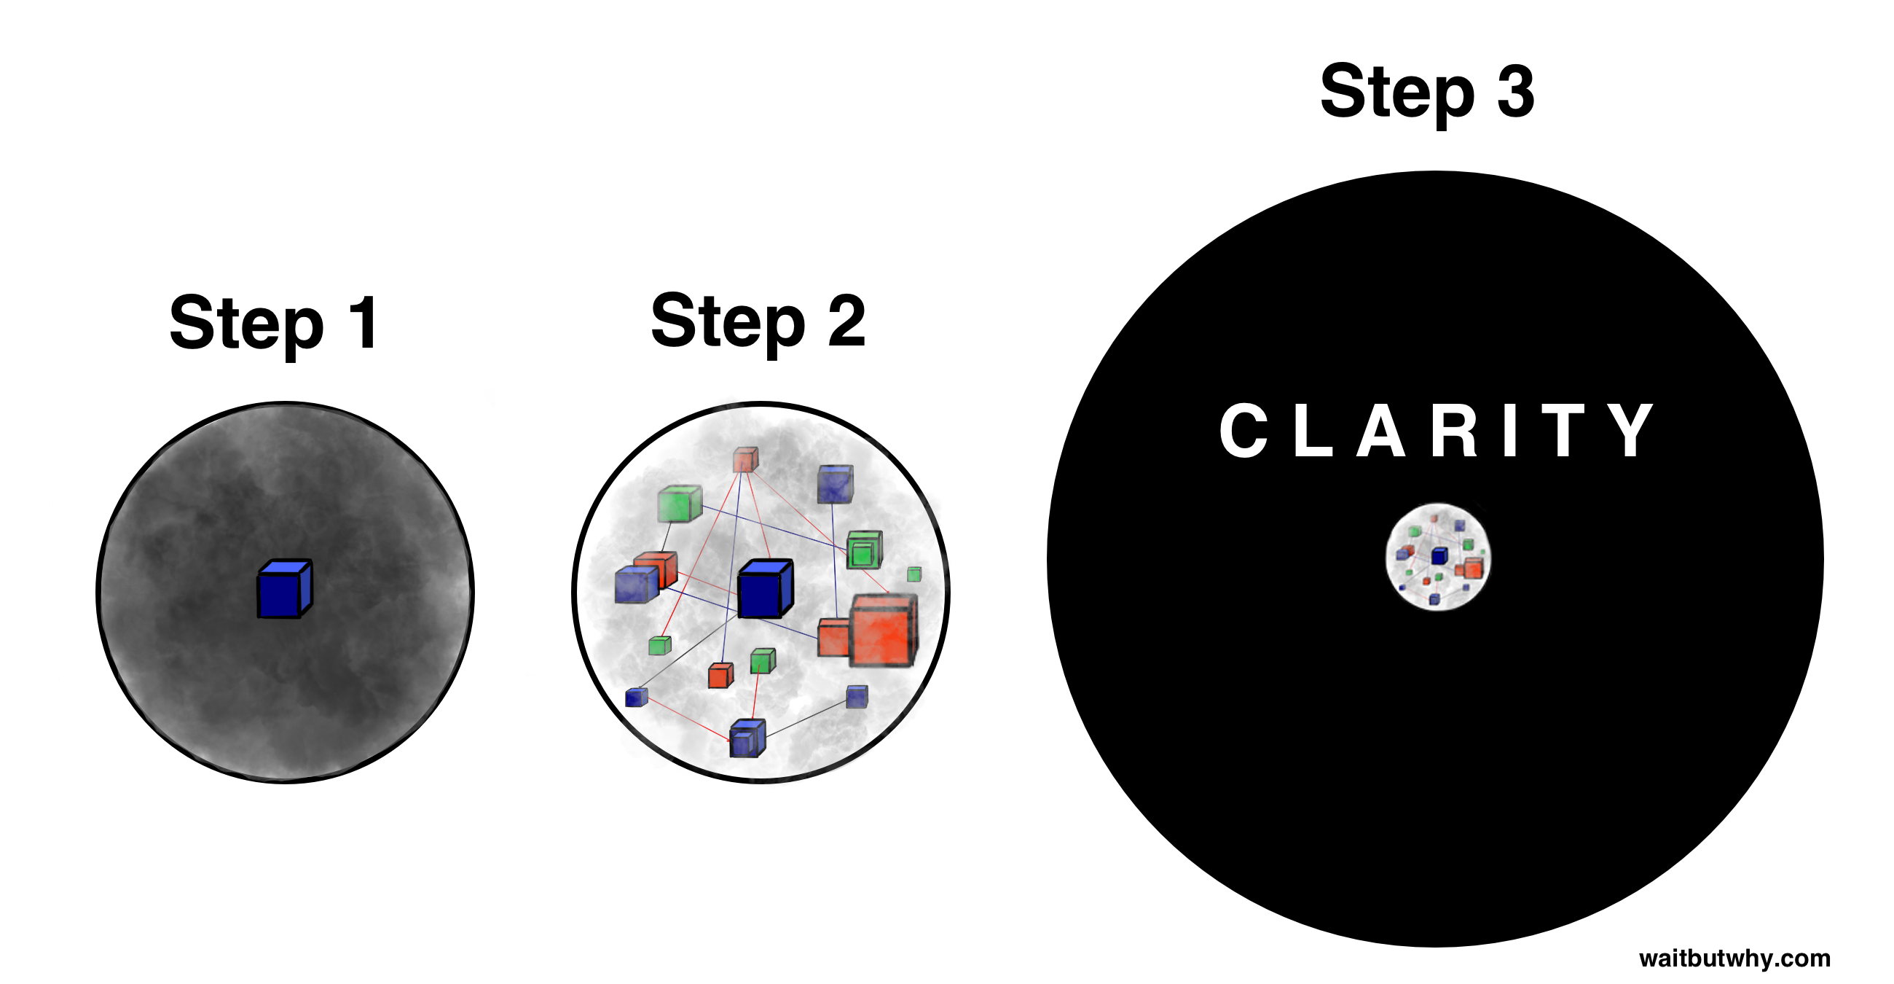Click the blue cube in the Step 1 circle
click(x=285, y=590)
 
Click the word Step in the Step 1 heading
click(x=246, y=324)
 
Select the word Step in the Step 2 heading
click(x=728, y=322)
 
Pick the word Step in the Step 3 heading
click(x=1397, y=93)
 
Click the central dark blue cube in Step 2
click(x=765, y=589)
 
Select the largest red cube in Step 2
click(x=884, y=631)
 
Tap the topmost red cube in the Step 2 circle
click(x=744, y=460)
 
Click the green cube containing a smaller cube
click(x=864, y=550)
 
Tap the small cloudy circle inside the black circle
click(x=1438, y=558)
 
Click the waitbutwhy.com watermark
click(x=1734, y=959)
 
